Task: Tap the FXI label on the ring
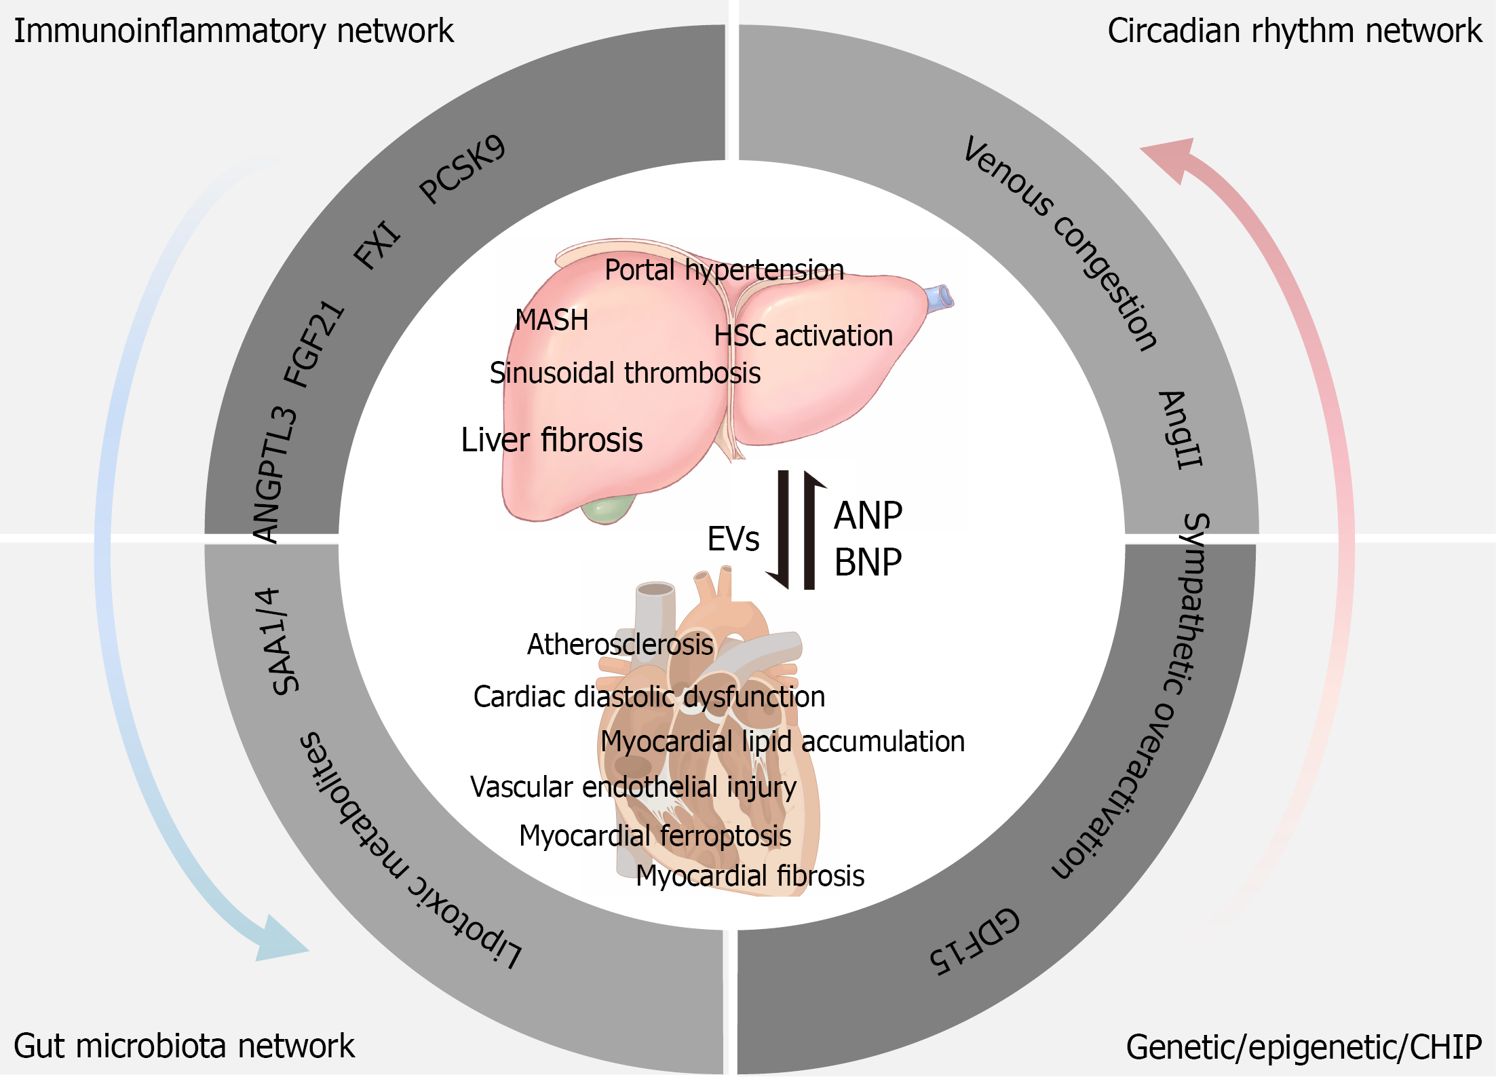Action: [x=377, y=244]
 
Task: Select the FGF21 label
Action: [x=314, y=343]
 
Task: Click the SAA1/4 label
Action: [x=277, y=641]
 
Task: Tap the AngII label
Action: [x=1181, y=429]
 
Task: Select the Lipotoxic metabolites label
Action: [x=407, y=852]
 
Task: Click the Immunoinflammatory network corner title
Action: [x=233, y=31]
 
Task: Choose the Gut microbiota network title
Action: [x=184, y=1046]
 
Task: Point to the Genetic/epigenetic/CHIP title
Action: [x=1304, y=1047]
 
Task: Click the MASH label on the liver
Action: [x=552, y=320]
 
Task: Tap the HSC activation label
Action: [x=803, y=335]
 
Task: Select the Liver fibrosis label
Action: [x=552, y=440]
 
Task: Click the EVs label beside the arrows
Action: [x=733, y=539]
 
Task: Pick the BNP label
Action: [x=868, y=562]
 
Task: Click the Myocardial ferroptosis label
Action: [x=655, y=836]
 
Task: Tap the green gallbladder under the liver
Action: [x=608, y=509]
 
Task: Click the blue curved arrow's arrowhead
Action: [x=280, y=939]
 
